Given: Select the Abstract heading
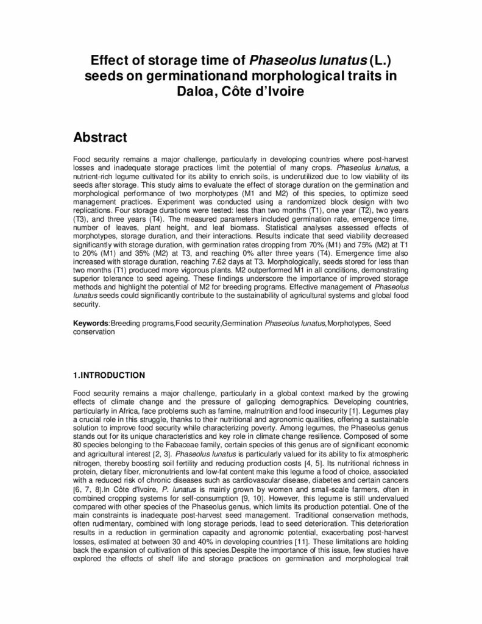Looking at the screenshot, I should click(100, 138).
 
